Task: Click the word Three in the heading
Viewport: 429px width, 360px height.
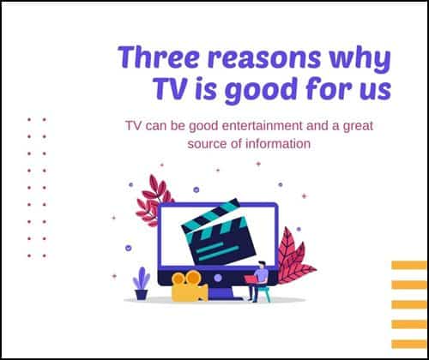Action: pos(159,57)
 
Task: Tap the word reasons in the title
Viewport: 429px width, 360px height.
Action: pos(264,58)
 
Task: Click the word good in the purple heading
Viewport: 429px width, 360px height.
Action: pos(260,90)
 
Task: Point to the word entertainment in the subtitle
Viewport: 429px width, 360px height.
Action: pos(262,126)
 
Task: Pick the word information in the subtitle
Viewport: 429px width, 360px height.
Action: pos(278,143)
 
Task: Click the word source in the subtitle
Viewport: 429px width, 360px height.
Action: pos(207,144)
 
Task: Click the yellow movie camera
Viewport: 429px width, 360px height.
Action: pos(189,286)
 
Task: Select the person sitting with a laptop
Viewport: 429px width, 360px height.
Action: pos(259,281)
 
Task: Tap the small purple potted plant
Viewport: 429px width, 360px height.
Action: pos(142,284)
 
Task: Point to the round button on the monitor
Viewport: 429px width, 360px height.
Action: pos(218,278)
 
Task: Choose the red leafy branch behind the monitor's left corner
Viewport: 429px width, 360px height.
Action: pos(152,201)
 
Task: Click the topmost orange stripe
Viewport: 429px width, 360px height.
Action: pos(409,265)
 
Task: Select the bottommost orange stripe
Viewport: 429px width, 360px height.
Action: pos(409,344)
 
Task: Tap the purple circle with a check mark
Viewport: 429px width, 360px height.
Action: pos(129,248)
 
